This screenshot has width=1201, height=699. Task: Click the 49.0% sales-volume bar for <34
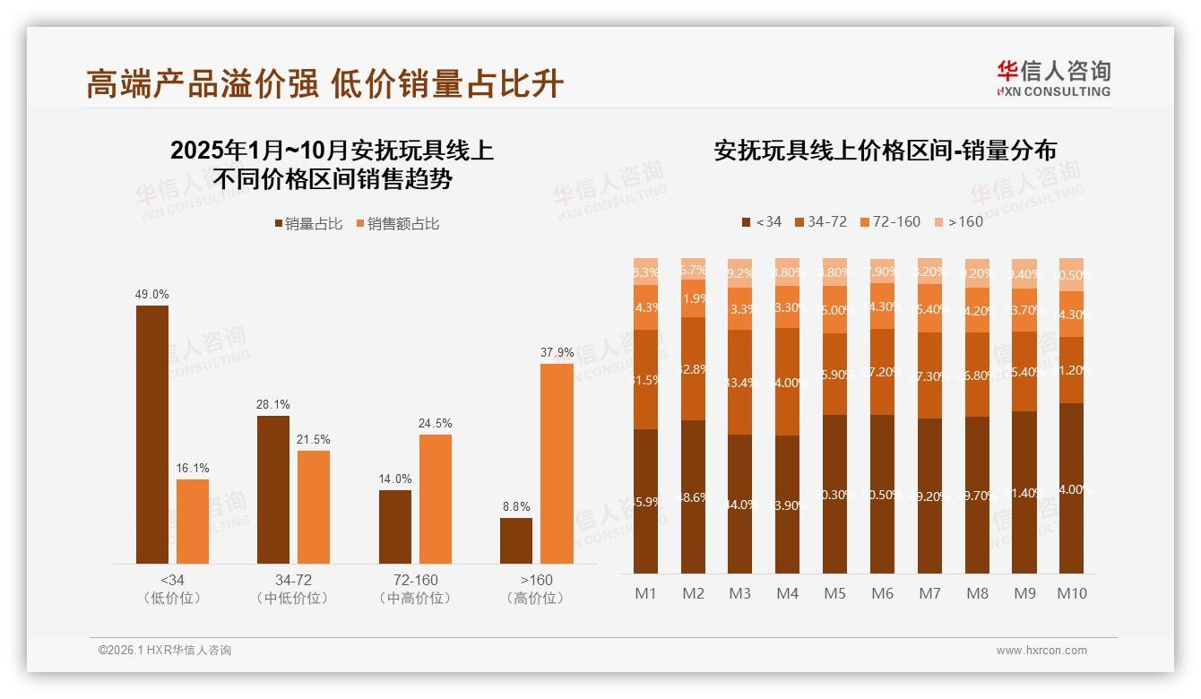pyautogui.click(x=152, y=435)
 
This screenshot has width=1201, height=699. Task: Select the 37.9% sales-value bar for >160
pyautogui.click(x=557, y=463)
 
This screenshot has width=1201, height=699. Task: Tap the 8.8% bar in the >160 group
pyautogui.click(x=516, y=540)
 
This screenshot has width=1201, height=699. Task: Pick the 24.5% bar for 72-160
pyautogui.click(x=436, y=499)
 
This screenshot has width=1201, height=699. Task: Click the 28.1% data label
pyautogui.click(x=273, y=405)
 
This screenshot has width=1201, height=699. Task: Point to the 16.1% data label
pyautogui.click(x=193, y=469)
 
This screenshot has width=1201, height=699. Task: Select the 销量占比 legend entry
pyautogui.click(x=308, y=224)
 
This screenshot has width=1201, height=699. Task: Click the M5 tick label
pyautogui.click(x=834, y=593)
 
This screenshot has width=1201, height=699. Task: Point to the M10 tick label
pyautogui.click(x=1071, y=593)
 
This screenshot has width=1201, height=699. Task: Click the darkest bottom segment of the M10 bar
pyautogui.click(x=1071, y=488)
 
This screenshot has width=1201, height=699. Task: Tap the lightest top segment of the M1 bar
pyautogui.click(x=646, y=272)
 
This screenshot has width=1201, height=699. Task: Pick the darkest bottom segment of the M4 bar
pyautogui.click(x=788, y=505)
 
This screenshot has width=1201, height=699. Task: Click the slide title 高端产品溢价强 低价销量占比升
pyautogui.click(x=324, y=83)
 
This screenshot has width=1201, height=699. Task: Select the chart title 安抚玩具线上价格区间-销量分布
pyautogui.click(x=885, y=151)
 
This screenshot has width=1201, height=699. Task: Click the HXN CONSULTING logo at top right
pyautogui.click(x=1053, y=78)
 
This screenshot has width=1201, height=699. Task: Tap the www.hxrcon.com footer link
pyautogui.click(x=1041, y=651)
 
